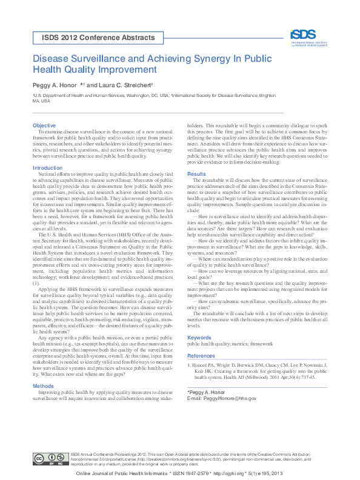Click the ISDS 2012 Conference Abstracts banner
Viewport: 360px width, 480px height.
click(x=98, y=38)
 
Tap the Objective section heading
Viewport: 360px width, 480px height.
click(x=44, y=125)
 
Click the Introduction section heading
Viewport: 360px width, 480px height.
click(x=47, y=168)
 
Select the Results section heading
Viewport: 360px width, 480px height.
click(x=196, y=174)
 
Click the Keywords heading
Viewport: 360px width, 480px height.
click(x=199, y=338)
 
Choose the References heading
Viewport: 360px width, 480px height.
click(x=201, y=356)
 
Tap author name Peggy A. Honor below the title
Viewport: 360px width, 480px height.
click(x=56, y=85)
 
